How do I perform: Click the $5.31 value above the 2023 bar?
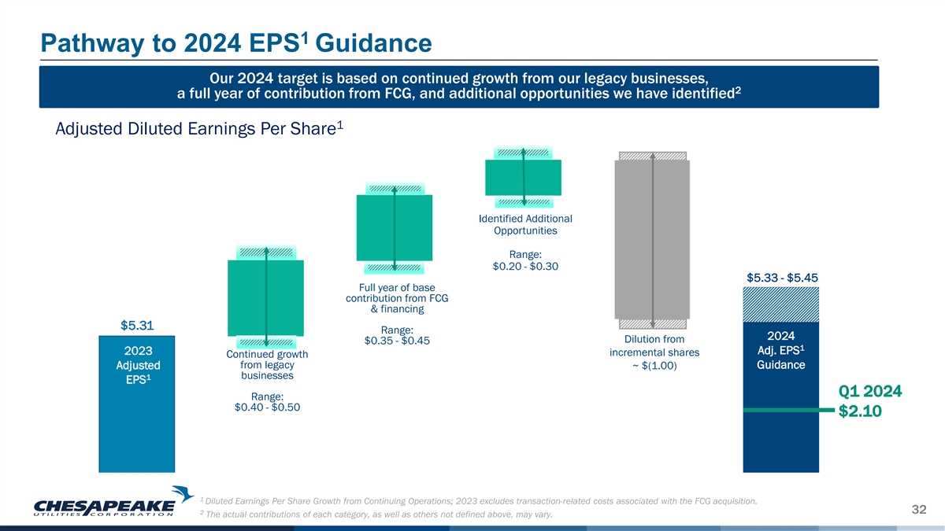coord(136,325)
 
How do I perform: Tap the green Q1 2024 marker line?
coord(787,410)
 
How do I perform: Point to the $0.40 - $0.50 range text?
coord(267,407)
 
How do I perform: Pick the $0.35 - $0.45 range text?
coord(397,341)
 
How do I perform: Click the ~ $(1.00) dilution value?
coord(654,366)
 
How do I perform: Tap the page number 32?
coord(918,510)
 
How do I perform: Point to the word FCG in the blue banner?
coord(430,94)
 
